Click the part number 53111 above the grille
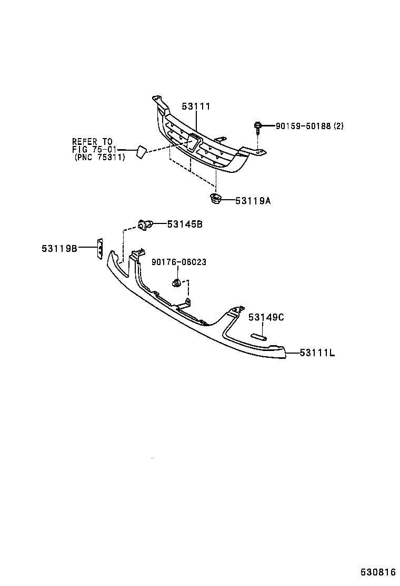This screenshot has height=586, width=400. pos(196,106)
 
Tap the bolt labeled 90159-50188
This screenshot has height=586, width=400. pos(258,127)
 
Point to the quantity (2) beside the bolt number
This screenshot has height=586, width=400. pos(338,126)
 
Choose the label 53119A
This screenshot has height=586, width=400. pos(253,200)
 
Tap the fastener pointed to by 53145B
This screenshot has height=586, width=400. pos(145,224)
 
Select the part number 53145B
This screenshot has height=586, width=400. pos(185,224)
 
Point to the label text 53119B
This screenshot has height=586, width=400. pos(59,248)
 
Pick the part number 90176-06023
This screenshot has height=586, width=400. pos(179,262)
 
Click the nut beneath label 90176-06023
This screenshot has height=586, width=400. pos(177,284)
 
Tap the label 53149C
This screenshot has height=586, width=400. pos(266,317)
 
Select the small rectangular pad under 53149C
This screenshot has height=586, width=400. pos(259,336)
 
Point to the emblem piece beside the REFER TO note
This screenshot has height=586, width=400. pos(140,152)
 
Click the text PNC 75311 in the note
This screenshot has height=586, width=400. pos(100,157)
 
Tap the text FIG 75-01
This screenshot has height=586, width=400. pos(94,149)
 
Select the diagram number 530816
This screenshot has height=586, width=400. pos(378,571)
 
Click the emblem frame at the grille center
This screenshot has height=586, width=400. pos(192,143)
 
